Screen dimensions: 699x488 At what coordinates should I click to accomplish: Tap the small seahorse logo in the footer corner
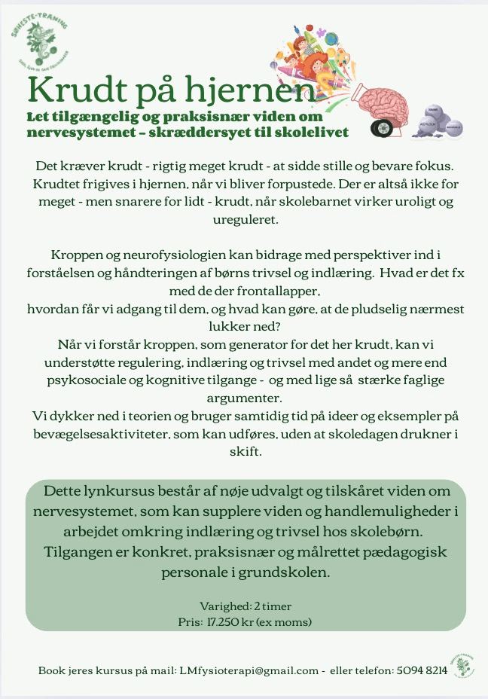coord(459,665)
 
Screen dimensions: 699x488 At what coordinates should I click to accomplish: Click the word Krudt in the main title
coord(72,90)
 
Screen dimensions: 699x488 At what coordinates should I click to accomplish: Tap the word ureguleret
coord(245,221)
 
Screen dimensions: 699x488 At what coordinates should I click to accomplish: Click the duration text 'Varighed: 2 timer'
coord(245,606)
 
